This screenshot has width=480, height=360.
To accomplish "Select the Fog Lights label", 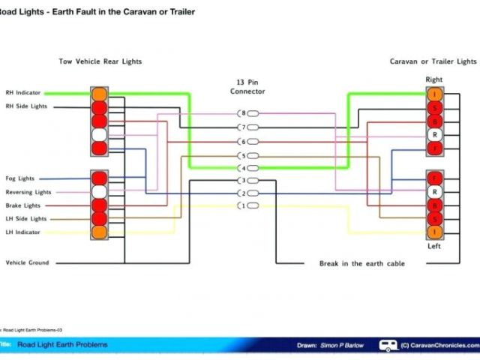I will (x=20, y=178).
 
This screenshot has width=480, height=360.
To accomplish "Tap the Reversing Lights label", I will (x=28, y=192).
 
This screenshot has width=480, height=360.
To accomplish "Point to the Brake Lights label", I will (x=23, y=205).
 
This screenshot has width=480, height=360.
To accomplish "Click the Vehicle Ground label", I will (x=26, y=262).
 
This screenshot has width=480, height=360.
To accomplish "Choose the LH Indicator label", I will (x=22, y=232).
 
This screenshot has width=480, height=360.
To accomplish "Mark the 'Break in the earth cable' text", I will (x=363, y=263).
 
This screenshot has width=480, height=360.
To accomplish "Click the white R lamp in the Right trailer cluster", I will (x=433, y=135).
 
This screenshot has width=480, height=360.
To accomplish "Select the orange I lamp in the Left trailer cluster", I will (x=433, y=233).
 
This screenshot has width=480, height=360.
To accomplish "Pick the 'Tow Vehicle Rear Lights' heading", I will (x=100, y=61).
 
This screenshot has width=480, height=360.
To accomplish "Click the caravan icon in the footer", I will (x=388, y=345).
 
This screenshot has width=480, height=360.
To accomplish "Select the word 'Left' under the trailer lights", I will (x=433, y=245).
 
